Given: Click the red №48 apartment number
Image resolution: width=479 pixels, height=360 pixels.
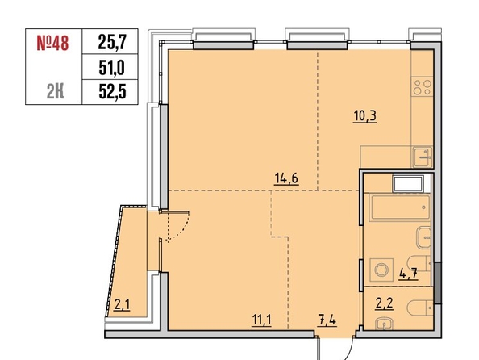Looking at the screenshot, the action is pyautogui.click(x=52, y=43).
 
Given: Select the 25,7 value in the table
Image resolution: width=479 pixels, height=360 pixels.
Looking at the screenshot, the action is pyautogui.click(x=112, y=42).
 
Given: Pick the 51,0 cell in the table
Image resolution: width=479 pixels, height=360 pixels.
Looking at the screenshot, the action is pyautogui.click(x=112, y=68).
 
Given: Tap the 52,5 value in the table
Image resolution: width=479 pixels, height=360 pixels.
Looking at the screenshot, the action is pyautogui.click(x=112, y=91).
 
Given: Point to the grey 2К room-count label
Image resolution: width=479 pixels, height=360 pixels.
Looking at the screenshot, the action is pyautogui.click(x=56, y=91).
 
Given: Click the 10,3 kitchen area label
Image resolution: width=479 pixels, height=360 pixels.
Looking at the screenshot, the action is pyautogui.click(x=365, y=116).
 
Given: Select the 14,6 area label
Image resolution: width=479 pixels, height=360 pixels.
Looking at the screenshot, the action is pyautogui.click(x=286, y=178).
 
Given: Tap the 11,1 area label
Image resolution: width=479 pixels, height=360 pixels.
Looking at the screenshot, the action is pyautogui.click(x=261, y=320).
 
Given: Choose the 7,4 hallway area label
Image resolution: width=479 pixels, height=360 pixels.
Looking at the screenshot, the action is pyautogui.click(x=327, y=320).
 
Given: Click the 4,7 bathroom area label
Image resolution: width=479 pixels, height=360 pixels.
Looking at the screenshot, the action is pyautogui.click(x=408, y=274).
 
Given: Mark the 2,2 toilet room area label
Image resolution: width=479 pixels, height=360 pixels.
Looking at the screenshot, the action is pyautogui.click(x=385, y=303).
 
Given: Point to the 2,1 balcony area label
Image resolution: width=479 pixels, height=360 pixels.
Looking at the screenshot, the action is pyautogui.click(x=122, y=304).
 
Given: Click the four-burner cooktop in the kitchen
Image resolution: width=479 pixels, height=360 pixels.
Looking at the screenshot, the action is pyautogui.click(x=422, y=86).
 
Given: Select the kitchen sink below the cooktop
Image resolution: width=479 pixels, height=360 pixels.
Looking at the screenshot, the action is pyautogui.click(x=423, y=157).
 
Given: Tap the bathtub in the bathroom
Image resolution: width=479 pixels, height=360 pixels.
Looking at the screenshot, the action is pyautogui.click(x=400, y=207).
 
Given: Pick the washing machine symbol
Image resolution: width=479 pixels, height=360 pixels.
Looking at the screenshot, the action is pyautogui.click(x=381, y=270).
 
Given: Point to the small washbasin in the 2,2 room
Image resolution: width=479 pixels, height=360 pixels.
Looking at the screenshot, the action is pyautogui.click(x=385, y=324).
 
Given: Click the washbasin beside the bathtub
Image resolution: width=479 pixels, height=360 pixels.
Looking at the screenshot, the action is pyautogui.click(x=423, y=237).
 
